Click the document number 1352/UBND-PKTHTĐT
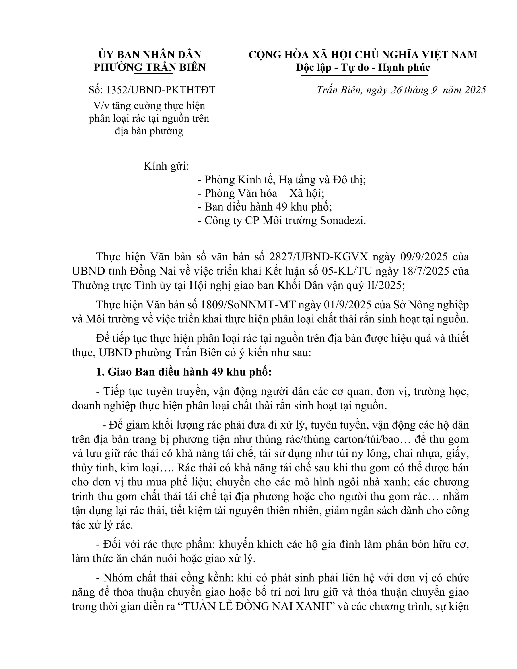[161, 90]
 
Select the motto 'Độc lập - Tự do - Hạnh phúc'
[363, 67]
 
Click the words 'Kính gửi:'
[166, 166]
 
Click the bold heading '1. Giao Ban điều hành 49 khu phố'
[184, 372]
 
